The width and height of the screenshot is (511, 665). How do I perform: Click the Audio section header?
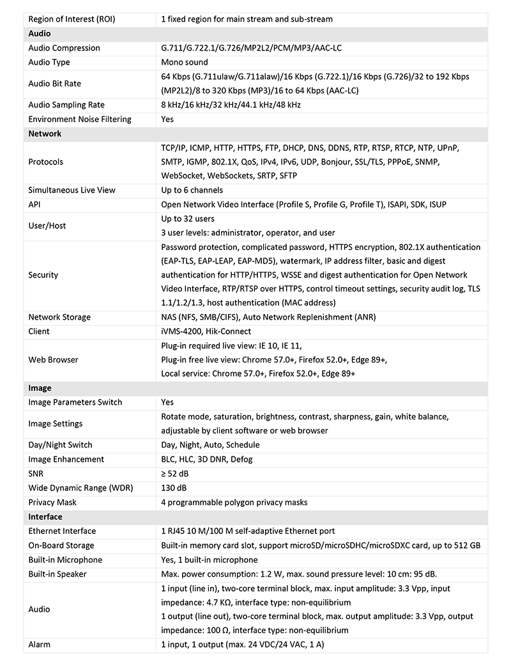40,33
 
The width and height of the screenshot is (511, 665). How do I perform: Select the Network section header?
45,134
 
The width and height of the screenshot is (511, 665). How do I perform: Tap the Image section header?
40,388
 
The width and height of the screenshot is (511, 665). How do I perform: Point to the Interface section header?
45,517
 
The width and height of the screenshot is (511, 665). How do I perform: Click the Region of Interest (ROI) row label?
72,19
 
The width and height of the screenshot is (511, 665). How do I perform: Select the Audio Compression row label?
65,48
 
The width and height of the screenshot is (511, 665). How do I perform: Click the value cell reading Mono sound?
185,62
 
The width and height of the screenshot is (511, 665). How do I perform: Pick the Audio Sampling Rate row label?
66,105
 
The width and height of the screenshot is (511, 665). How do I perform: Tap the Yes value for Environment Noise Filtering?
167,119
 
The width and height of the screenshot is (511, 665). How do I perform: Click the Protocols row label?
46,162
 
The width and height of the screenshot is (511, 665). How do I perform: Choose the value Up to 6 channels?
192,190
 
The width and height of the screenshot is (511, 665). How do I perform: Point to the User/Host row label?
47,226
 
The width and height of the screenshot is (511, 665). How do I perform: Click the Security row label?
43,275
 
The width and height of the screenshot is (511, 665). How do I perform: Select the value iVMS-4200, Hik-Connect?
206,331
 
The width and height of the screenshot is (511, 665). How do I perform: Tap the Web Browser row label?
54,359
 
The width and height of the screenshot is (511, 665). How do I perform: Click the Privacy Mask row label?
53,502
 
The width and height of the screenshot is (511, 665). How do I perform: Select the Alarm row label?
40,645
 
